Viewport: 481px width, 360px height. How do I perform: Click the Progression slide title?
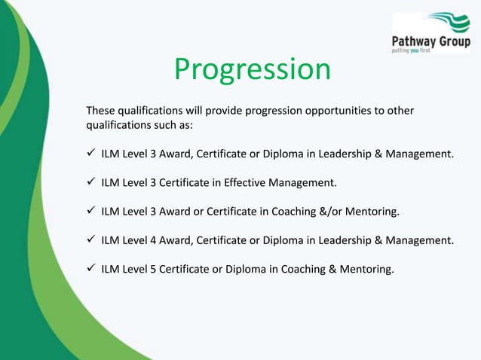tap(252, 70)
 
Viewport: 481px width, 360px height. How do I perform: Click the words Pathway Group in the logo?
tap(431, 41)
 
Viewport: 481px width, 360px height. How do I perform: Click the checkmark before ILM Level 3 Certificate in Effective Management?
tap(90, 183)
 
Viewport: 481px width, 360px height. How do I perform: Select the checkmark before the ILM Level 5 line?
tap(90, 269)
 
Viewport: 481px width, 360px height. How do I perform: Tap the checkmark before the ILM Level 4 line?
tap(90, 240)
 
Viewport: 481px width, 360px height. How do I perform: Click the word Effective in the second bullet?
tap(247, 183)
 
